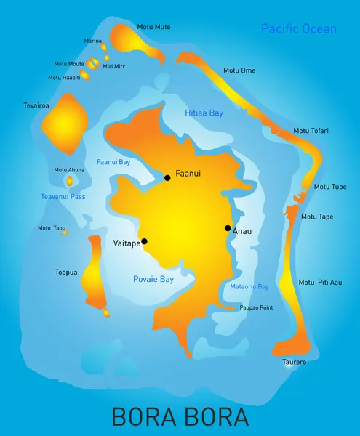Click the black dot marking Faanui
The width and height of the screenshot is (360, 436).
[167, 177]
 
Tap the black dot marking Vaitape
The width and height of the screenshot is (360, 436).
[144, 241]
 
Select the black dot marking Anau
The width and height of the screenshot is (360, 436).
[228, 228]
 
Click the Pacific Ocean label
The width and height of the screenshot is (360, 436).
[299, 29]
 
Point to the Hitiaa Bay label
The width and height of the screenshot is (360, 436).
[204, 113]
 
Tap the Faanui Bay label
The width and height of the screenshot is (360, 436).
[113, 161]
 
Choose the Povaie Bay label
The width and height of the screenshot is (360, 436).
[153, 279]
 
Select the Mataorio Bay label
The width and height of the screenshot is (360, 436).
[249, 287]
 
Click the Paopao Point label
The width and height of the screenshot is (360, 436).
[256, 308]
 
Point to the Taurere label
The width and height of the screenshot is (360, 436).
[295, 362]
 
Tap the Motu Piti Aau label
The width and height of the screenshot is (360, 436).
[320, 283]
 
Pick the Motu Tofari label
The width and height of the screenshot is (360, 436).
[311, 131]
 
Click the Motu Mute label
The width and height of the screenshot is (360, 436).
[153, 27]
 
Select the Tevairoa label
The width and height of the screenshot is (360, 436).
[36, 105]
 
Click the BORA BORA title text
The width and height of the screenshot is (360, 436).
[180, 416]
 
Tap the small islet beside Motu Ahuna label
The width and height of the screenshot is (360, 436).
[70, 181]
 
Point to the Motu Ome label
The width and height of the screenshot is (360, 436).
[239, 70]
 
